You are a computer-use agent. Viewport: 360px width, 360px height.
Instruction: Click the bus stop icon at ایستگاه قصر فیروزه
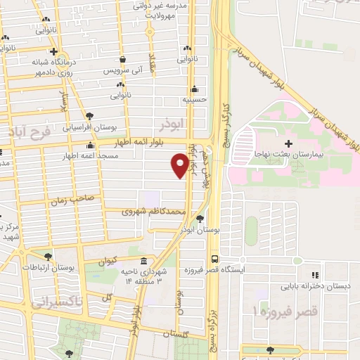(214, 258)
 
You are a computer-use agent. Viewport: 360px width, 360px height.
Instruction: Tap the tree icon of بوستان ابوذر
(201, 219)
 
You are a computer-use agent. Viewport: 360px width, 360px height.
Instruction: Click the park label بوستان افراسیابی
(89, 128)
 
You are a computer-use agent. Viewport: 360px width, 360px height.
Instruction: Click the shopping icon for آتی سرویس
(124, 60)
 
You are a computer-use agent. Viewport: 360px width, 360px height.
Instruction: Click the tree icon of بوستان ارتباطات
(48, 257)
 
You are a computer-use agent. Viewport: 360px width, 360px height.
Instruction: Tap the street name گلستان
(174, 334)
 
